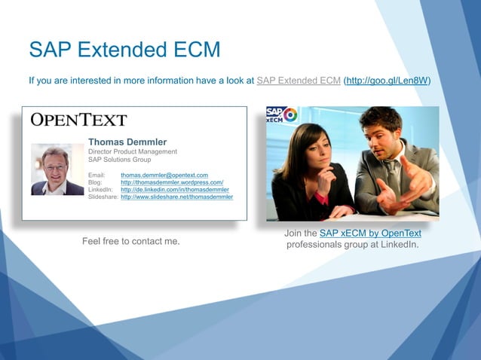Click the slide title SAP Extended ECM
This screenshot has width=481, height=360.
[x=124, y=50]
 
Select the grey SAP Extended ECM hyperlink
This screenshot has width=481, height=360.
[x=299, y=81]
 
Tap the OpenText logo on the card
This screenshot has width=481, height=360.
[x=78, y=121]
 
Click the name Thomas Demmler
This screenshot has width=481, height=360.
[x=127, y=142]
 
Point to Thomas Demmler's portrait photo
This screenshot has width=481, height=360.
[x=57, y=169]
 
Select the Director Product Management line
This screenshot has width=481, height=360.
[x=133, y=151]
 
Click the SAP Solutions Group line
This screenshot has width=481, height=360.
[x=119, y=160]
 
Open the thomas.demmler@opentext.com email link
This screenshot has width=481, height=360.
[x=164, y=175]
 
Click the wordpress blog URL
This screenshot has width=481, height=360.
[x=172, y=182]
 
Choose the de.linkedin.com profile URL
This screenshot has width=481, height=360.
[x=175, y=190]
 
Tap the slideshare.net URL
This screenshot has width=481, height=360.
[x=176, y=197]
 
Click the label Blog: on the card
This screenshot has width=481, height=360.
[x=95, y=182]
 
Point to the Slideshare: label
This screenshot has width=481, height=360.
[x=103, y=197]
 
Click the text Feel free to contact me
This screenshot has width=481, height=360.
[x=131, y=241]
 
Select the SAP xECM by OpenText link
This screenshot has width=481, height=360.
[x=370, y=233]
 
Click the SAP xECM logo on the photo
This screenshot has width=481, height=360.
[x=281, y=116]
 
